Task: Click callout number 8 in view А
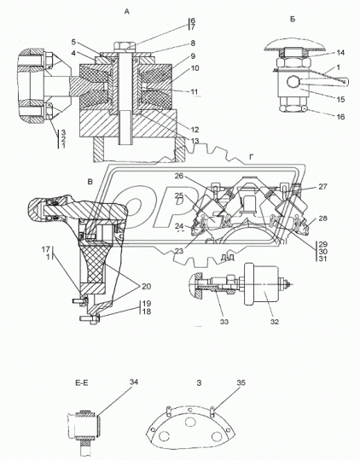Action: pos(193,44)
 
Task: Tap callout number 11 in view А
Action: pos(195,92)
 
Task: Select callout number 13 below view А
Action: pos(195,141)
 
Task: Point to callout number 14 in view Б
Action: pos(340,53)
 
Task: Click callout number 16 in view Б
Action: pos(340,117)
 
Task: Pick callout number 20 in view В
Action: pos(146,286)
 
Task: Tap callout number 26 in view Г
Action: pos(179,176)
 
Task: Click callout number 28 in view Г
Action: pos(322,218)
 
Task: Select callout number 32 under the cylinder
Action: pos(275,322)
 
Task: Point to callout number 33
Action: pos(224,322)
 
